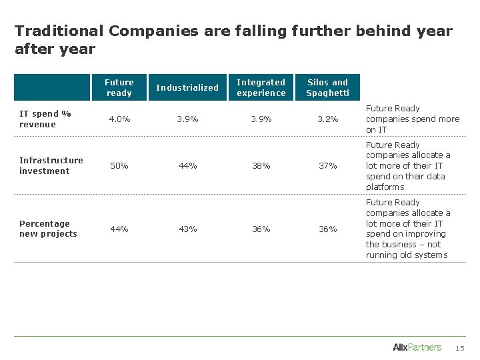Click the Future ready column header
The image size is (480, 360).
(x=119, y=87)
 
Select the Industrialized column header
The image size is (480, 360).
(x=187, y=87)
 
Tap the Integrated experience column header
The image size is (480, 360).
(x=261, y=87)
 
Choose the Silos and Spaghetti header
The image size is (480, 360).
(x=327, y=87)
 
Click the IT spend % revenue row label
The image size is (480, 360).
(x=45, y=119)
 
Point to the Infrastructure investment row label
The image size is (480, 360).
(x=51, y=165)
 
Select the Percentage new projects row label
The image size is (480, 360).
(x=48, y=229)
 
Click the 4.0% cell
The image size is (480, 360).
(x=119, y=119)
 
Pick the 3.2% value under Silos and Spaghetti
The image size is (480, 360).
(x=327, y=119)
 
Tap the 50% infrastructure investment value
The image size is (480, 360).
(x=119, y=165)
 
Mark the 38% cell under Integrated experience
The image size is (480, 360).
(x=261, y=165)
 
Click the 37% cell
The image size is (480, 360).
(x=327, y=165)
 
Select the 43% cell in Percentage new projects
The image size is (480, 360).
(x=187, y=229)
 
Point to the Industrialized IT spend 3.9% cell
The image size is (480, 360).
(x=187, y=119)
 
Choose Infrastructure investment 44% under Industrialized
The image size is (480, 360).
(x=187, y=165)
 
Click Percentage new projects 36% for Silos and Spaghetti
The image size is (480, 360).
(x=327, y=229)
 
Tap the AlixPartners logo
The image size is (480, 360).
(x=417, y=347)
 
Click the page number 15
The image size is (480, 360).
(x=459, y=348)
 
